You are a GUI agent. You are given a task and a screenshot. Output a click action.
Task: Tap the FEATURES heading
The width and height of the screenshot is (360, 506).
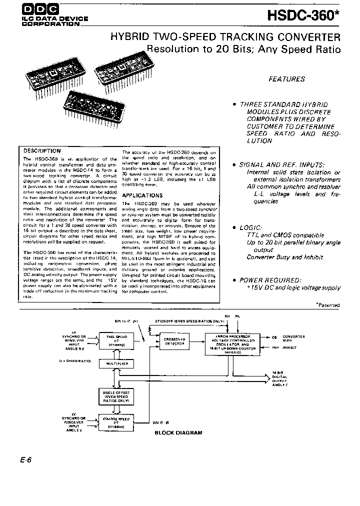coord(286,79)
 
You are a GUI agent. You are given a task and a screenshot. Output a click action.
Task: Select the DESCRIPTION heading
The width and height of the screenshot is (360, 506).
coord(42,150)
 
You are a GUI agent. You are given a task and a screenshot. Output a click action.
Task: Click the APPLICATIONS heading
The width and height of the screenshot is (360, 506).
coord(141,195)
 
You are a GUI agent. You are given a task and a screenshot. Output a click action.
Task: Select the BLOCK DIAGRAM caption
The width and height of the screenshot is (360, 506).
coord(178,433)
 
